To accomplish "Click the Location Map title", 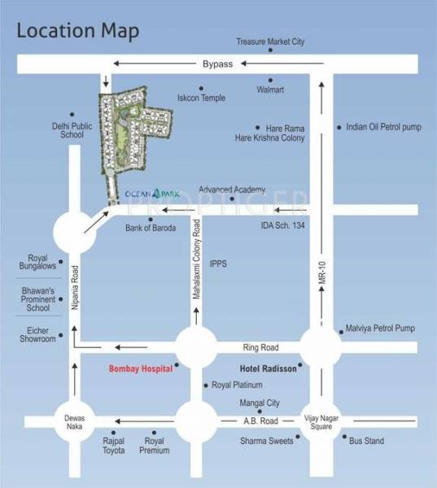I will point(78,31).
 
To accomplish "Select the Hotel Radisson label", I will point(268,368).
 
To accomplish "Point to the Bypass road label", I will point(217,63).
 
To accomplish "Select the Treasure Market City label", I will point(270,41).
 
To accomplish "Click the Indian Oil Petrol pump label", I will point(384,127).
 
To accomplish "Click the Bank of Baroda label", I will point(151,229).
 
